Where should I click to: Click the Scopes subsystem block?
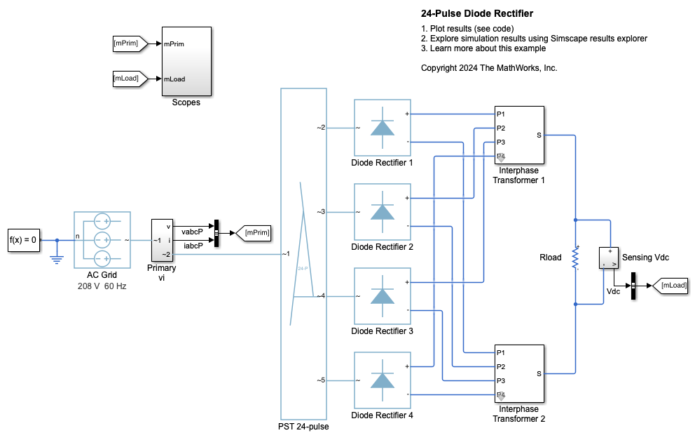point(186,62)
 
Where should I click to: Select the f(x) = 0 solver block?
point(24,239)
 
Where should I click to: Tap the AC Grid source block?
point(102,239)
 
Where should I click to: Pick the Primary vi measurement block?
point(162,240)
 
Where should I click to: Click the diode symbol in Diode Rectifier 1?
point(382,128)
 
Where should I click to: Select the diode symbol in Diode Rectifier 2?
point(382,212)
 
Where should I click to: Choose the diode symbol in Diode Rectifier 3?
point(382,296)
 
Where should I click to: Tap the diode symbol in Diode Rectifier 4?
point(382,380)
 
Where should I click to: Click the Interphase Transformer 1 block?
point(519,135)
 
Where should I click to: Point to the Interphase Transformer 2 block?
point(519,373)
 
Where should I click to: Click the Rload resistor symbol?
point(575,258)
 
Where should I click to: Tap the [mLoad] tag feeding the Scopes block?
point(127,79)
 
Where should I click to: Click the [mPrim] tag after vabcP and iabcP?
point(253,232)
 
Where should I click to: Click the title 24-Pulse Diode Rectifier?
point(477,13)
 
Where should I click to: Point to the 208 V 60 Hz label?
point(102,286)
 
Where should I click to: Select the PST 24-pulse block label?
point(303,426)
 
